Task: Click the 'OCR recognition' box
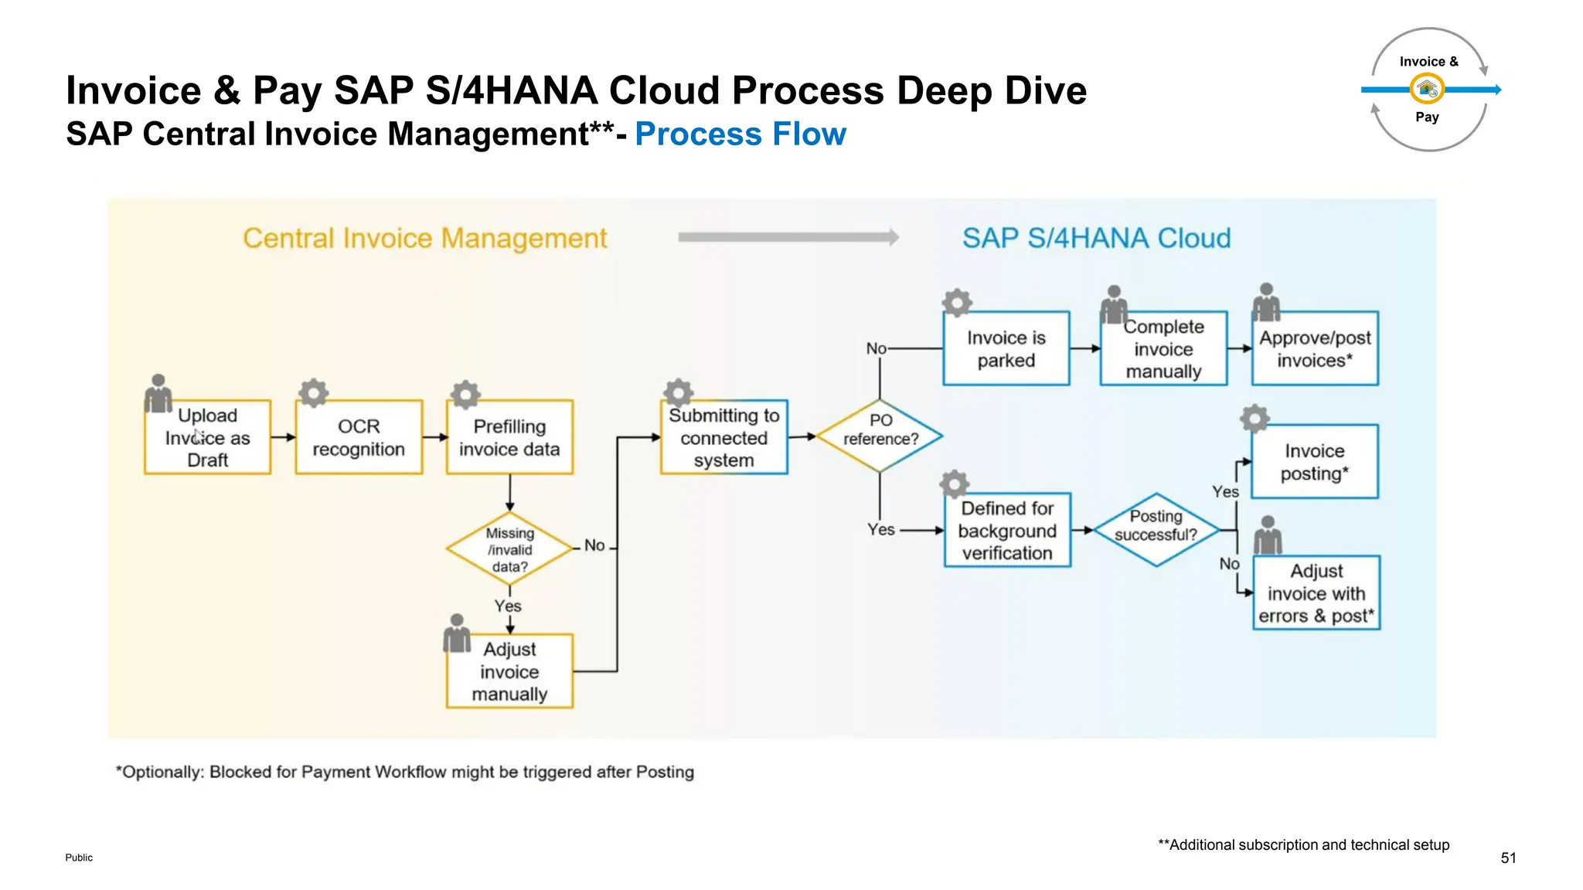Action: [x=359, y=437]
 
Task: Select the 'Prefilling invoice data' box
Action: [x=509, y=437]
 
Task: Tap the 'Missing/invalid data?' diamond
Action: [x=509, y=549]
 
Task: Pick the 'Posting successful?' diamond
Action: [x=1156, y=529]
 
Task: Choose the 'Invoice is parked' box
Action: [x=1006, y=348]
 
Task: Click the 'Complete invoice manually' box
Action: [x=1163, y=348]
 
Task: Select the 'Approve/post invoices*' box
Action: [x=1315, y=348]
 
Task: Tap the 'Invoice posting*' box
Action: [x=1315, y=461]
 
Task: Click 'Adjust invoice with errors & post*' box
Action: [x=1316, y=593]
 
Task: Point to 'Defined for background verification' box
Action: [x=1007, y=530]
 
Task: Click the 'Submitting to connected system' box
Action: [x=723, y=437]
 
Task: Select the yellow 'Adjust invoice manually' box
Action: [x=509, y=671]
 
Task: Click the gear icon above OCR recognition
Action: [x=314, y=392]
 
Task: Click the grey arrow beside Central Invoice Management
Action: [x=788, y=237]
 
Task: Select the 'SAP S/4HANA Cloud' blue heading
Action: [x=1096, y=238]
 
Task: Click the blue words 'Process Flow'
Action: [x=740, y=134]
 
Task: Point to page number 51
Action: [x=1508, y=858]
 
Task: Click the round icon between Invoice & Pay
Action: [x=1427, y=90]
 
